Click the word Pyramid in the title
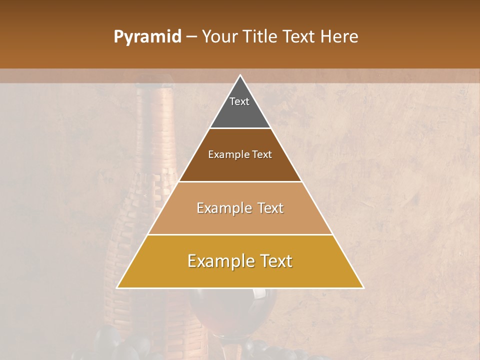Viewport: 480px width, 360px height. (x=147, y=37)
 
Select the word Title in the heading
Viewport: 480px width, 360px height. (x=262, y=37)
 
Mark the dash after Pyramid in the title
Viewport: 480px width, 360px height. (x=191, y=37)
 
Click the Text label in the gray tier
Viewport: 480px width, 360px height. (x=239, y=101)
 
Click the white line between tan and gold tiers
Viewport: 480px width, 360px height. (x=240, y=234)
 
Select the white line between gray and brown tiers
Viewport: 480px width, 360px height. (x=240, y=128)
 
